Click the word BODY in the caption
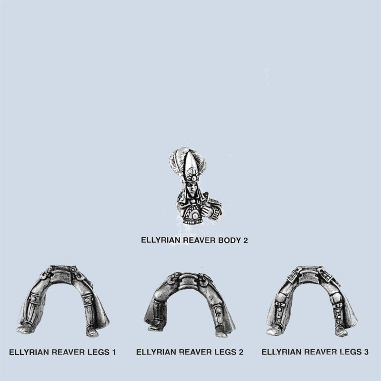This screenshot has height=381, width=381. click(x=229, y=241)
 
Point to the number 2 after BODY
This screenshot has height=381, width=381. click(x=245, y=241)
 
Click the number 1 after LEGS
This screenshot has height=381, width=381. click(x=114, y=352)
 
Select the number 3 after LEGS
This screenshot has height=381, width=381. click(x=366, y=352)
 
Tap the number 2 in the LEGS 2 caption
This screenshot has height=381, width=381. click(x=241, y=352)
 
